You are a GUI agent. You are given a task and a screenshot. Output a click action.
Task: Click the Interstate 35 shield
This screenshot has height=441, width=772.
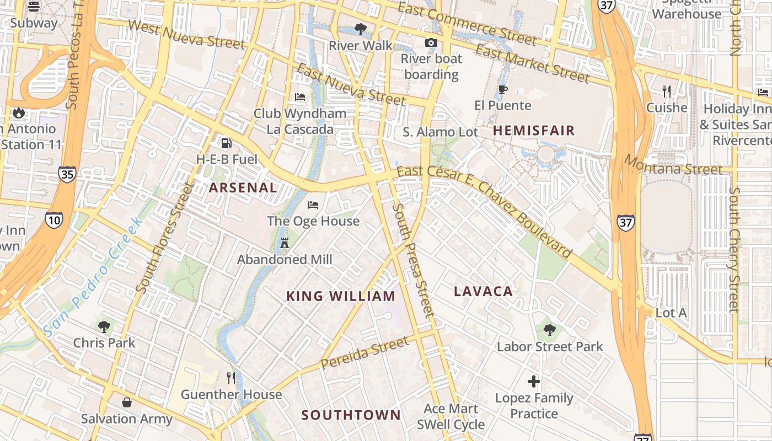pos(67,175)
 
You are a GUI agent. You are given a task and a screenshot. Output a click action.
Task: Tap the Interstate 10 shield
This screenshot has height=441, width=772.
pos(54,220)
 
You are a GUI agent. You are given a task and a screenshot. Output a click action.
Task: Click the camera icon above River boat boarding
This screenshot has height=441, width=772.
pos(431,42)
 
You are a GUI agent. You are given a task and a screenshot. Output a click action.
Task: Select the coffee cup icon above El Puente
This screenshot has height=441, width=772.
pos(502,89)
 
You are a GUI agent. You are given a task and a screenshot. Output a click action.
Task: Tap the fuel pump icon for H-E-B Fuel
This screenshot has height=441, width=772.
pos(226,143)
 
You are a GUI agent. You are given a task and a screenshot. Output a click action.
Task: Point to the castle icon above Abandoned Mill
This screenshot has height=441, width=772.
pos(285,243)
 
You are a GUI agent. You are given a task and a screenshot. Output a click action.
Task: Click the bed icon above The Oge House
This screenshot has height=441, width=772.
pos(313,205)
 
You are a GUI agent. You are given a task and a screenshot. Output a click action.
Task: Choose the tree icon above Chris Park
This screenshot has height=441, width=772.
pos(104,326)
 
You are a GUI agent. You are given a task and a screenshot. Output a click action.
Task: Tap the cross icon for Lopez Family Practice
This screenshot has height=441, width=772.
pos(533,381)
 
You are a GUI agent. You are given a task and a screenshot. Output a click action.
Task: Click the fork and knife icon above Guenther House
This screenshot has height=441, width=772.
pos(232,378)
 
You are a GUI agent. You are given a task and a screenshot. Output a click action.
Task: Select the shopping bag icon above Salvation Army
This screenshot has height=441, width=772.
pos(127,402)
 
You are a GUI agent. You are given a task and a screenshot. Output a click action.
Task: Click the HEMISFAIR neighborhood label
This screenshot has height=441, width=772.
pos(534,131)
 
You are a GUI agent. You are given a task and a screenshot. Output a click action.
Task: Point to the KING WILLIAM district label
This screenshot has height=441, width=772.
pos(341,296)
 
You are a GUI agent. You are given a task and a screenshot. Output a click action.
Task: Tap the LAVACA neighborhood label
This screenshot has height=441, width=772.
pos(483,292)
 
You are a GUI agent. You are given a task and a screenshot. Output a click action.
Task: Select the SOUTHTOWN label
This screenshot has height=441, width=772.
pos(351,415)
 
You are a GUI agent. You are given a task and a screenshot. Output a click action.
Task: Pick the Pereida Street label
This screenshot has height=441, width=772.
pos(364,353)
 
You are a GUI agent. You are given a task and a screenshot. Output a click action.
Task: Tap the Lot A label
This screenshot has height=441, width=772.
pos(671,313)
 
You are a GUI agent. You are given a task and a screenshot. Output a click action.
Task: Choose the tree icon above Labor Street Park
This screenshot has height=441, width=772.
pos(549,330)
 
